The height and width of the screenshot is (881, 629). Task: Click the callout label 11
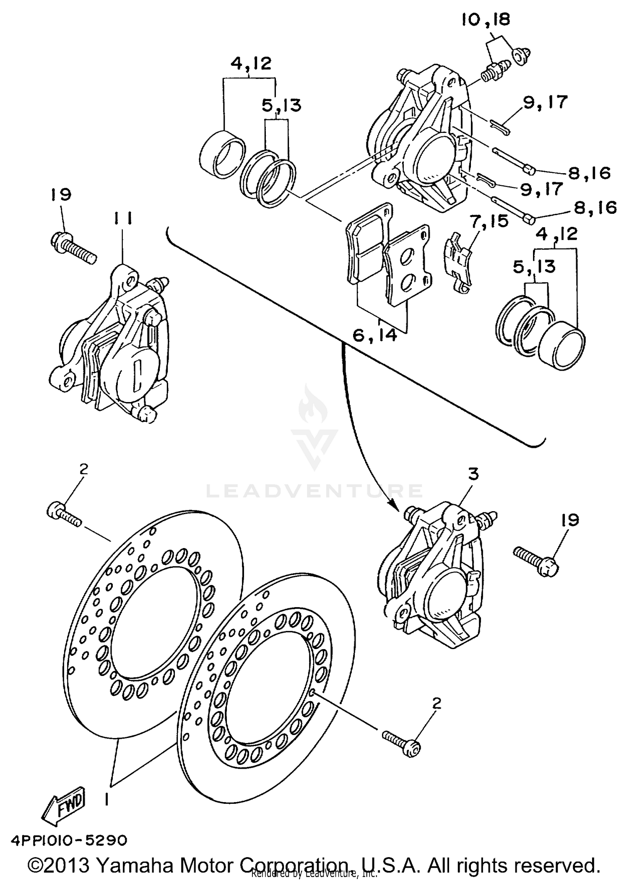(x=122, y=218)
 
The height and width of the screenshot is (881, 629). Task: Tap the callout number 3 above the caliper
(x=473, y=474)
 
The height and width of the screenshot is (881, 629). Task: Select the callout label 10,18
(x=486, y=20)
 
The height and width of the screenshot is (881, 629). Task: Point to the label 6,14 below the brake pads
(x=374, y=335)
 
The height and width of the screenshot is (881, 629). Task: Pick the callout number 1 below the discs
(x=107, y=800)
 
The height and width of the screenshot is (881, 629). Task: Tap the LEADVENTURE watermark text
(x=314, y=491)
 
